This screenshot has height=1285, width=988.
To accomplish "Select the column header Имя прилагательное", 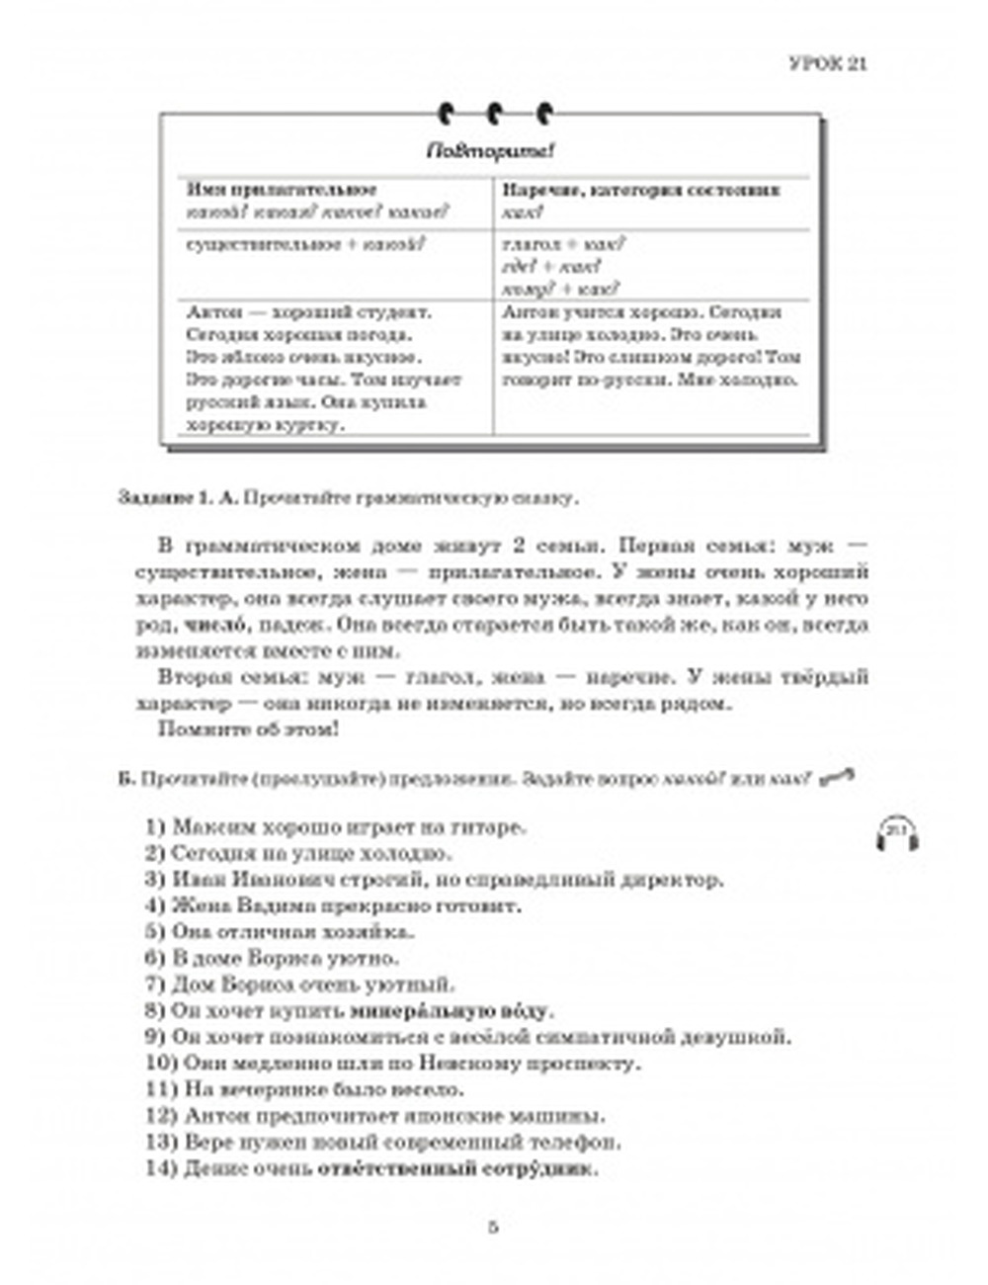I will [x=282, y=190].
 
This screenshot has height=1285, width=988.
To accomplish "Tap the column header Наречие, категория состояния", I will [x=641, y=190].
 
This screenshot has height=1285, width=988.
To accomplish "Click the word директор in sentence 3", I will [x=682, y=879].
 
